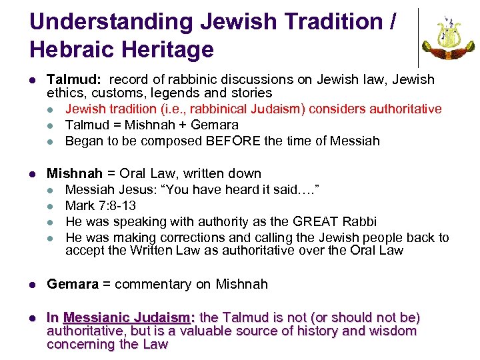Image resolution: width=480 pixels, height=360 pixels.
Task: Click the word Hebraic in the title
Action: pyautogui.click(x=75, y=49)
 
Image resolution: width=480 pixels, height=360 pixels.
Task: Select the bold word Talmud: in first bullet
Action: pyautogui.click(x=70, y=80)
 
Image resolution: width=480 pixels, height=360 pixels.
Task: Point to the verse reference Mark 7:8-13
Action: pyautogui.click(x=100, y=205)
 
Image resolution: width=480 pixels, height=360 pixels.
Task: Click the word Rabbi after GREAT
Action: pyautogui.click(x=358, y=221)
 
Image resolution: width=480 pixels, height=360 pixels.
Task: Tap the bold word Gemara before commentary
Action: pyautogui.click(x=72, y=284)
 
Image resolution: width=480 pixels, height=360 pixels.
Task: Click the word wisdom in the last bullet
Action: pyautogui.click(x=394, y=331)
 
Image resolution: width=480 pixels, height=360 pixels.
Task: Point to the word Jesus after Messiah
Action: pyautogui.click(x=138, y=189)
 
